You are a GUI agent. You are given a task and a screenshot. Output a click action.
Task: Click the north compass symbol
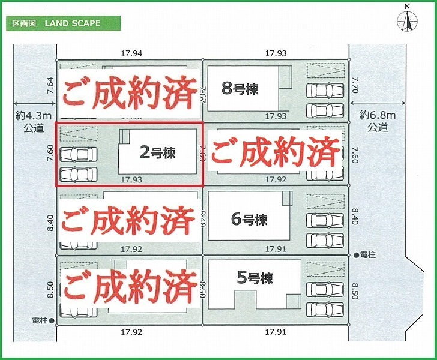click(408, 19)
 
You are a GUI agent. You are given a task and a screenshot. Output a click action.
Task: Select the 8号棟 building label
click(240, 89)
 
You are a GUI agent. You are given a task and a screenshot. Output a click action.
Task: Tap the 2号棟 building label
click(158, 152)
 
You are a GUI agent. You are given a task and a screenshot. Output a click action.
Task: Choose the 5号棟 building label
click(255, 278)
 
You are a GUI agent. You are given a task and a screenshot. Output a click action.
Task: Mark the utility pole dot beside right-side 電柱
click(356, 255)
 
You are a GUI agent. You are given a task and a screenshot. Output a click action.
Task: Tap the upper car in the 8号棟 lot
click(325, 91)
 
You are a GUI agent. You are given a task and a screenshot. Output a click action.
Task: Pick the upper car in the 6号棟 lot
click(326, 220)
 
